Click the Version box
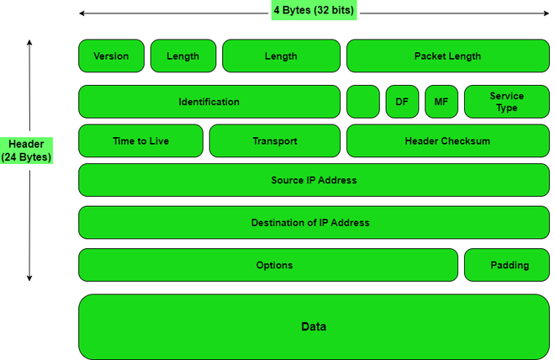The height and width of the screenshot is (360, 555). pos(111,56)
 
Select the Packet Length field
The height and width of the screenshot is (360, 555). pos(447,56)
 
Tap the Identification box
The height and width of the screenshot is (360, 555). pos(209,102)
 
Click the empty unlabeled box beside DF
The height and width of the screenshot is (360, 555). pos(362,102)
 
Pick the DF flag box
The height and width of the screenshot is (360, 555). pos(402,102)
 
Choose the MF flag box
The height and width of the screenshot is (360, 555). pos(441,102)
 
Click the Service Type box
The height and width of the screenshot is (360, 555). pos(506,102)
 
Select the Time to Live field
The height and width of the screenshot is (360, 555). pos(140,141)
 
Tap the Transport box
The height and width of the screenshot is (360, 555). pos(274,141)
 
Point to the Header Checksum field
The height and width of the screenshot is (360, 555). pos(447,141)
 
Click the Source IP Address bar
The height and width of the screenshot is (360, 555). pos(314,180)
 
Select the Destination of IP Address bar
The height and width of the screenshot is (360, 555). pos(314,223)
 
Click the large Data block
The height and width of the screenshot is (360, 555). pos(314,326)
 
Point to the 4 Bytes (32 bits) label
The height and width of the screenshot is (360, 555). pos(314,12)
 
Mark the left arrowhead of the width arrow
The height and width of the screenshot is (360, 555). pos(82,13)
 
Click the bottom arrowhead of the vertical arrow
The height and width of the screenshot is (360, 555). pos(29,278)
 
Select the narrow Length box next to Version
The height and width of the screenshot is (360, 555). pos(182,56)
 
